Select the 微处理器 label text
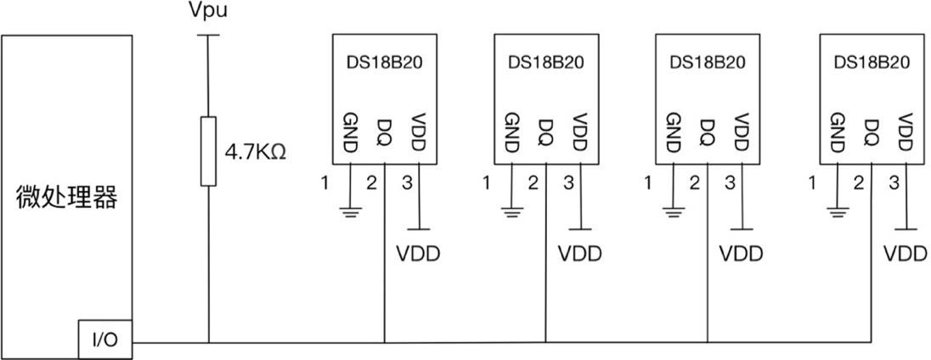(x=67, y=198)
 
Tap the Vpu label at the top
(x=207, y=12)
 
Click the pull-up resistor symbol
(x=207, y=151)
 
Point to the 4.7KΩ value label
(x=254, y=153)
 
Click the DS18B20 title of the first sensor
(x=384, y=63)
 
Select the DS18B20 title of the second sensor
(x=546, y=63)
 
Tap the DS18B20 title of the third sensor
(x=708, y=63)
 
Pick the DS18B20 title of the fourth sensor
(x=872, y=63)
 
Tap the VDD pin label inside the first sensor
(x=417, y=132)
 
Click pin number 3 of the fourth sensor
(x=894, y=183)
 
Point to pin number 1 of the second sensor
(x=486, y=183)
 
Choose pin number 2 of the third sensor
(x=695, y=183)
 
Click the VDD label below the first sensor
(x=419, y=254)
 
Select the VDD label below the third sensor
(x=742, y=254)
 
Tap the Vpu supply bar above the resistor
(x=207, y=36)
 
